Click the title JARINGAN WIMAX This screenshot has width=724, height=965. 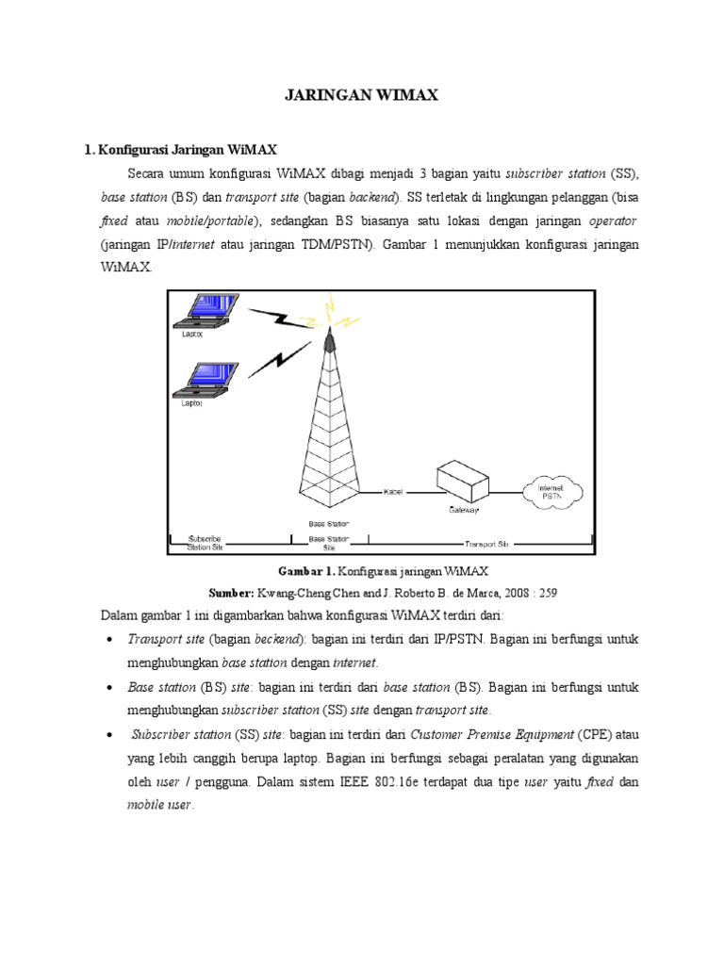point(361,95)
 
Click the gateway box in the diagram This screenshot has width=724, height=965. point(468,482)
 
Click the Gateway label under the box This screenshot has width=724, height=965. point(463,510)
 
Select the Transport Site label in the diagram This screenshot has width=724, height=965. point(486,544)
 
